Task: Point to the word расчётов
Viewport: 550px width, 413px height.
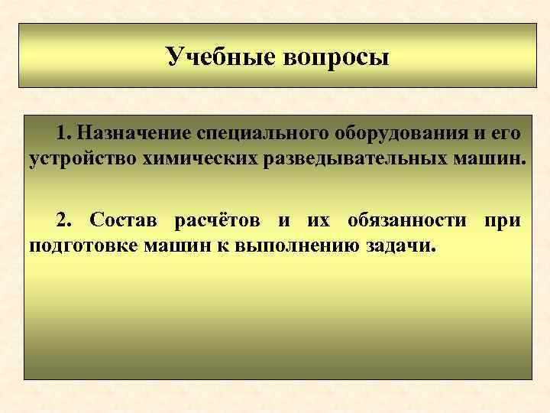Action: (216, 220)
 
